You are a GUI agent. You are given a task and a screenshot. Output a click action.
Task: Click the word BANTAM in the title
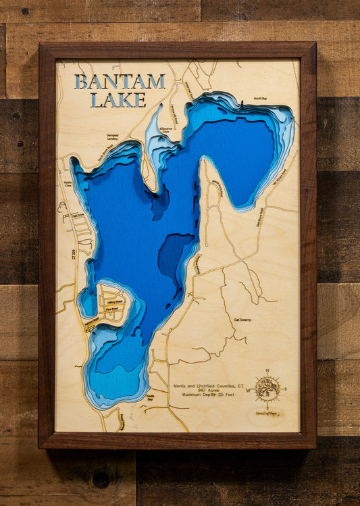click(120, 82)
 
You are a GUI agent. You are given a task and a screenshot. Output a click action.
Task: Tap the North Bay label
click(261, 99)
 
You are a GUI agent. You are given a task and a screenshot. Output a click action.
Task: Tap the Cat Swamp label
click(242, 320)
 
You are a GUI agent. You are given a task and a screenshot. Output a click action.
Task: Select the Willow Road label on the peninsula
click(114, 303)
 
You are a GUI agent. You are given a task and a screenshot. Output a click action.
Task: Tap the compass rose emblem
click(267, 389)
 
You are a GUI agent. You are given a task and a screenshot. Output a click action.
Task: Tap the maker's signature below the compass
click(267, 413)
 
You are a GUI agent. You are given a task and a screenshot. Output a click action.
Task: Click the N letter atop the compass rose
click(267, 370)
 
